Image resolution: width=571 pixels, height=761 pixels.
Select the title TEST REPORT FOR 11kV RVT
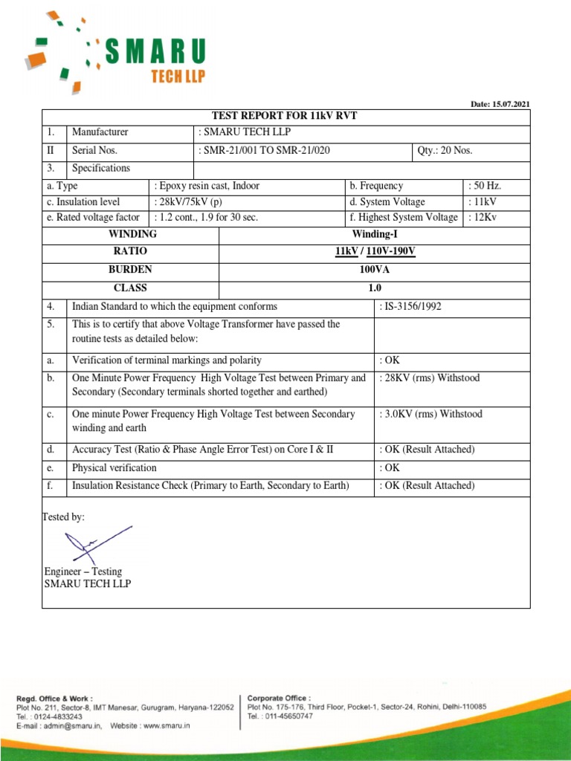[x=286, y=116]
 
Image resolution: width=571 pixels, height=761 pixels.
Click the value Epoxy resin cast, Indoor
[x=207, y=186]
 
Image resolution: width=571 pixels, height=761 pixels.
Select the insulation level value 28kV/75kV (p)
[x=189, y=202]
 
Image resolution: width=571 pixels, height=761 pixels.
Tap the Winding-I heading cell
[x=375, y=234]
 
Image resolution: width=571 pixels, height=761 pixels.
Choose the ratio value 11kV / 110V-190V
[x=375, y=252]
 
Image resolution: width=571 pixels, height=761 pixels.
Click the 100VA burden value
[x=375, y=270]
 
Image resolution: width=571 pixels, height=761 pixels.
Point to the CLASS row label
[x=130, y=288]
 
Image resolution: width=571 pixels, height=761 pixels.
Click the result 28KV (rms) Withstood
[x=430, y=378]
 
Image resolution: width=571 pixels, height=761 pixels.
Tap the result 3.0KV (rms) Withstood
[x=430, y=414]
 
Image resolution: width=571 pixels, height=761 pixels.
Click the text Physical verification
[x=114, y=468]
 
